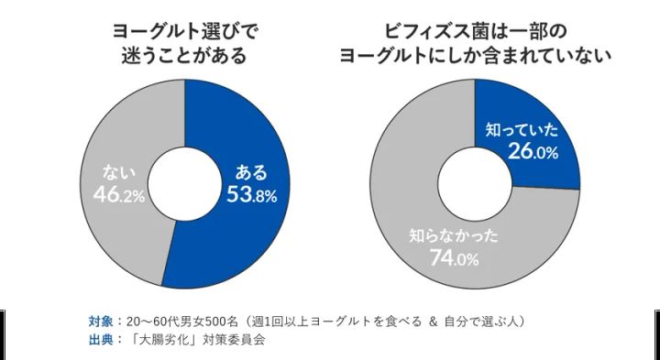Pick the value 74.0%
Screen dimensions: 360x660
(x=455, y=258)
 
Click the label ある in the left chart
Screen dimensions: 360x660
(x=252, y=171)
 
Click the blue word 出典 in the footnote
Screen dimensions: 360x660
(x=101, y=338)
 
